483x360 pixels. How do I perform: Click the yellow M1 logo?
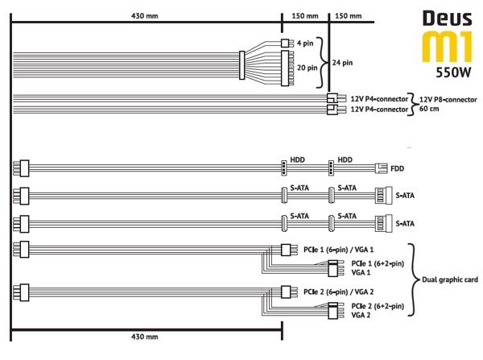(x=447, y=47)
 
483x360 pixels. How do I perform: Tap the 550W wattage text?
(x=453, y=72)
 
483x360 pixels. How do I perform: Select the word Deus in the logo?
(x=448, y=19)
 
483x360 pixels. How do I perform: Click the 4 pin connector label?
(x=305, y=43)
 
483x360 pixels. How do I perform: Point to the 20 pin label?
(x=308, y=68)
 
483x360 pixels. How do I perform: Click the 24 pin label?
(x=342, y=63)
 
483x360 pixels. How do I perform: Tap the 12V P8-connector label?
(x=448, y=100)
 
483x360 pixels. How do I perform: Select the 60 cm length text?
(x=429, y=109)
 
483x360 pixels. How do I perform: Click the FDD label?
(x=397, y=168)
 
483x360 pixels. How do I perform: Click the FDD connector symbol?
(x=381, y=168)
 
